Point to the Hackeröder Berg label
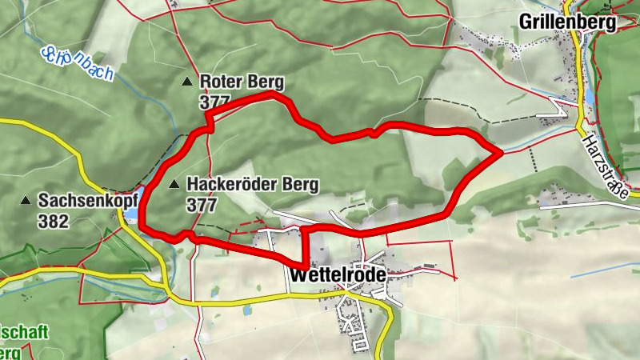252,185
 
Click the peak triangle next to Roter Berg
187,82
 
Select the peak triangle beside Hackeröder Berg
175,185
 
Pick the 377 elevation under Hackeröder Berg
202,206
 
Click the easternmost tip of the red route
501,150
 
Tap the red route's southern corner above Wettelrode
305,265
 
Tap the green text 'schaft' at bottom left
26,332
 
